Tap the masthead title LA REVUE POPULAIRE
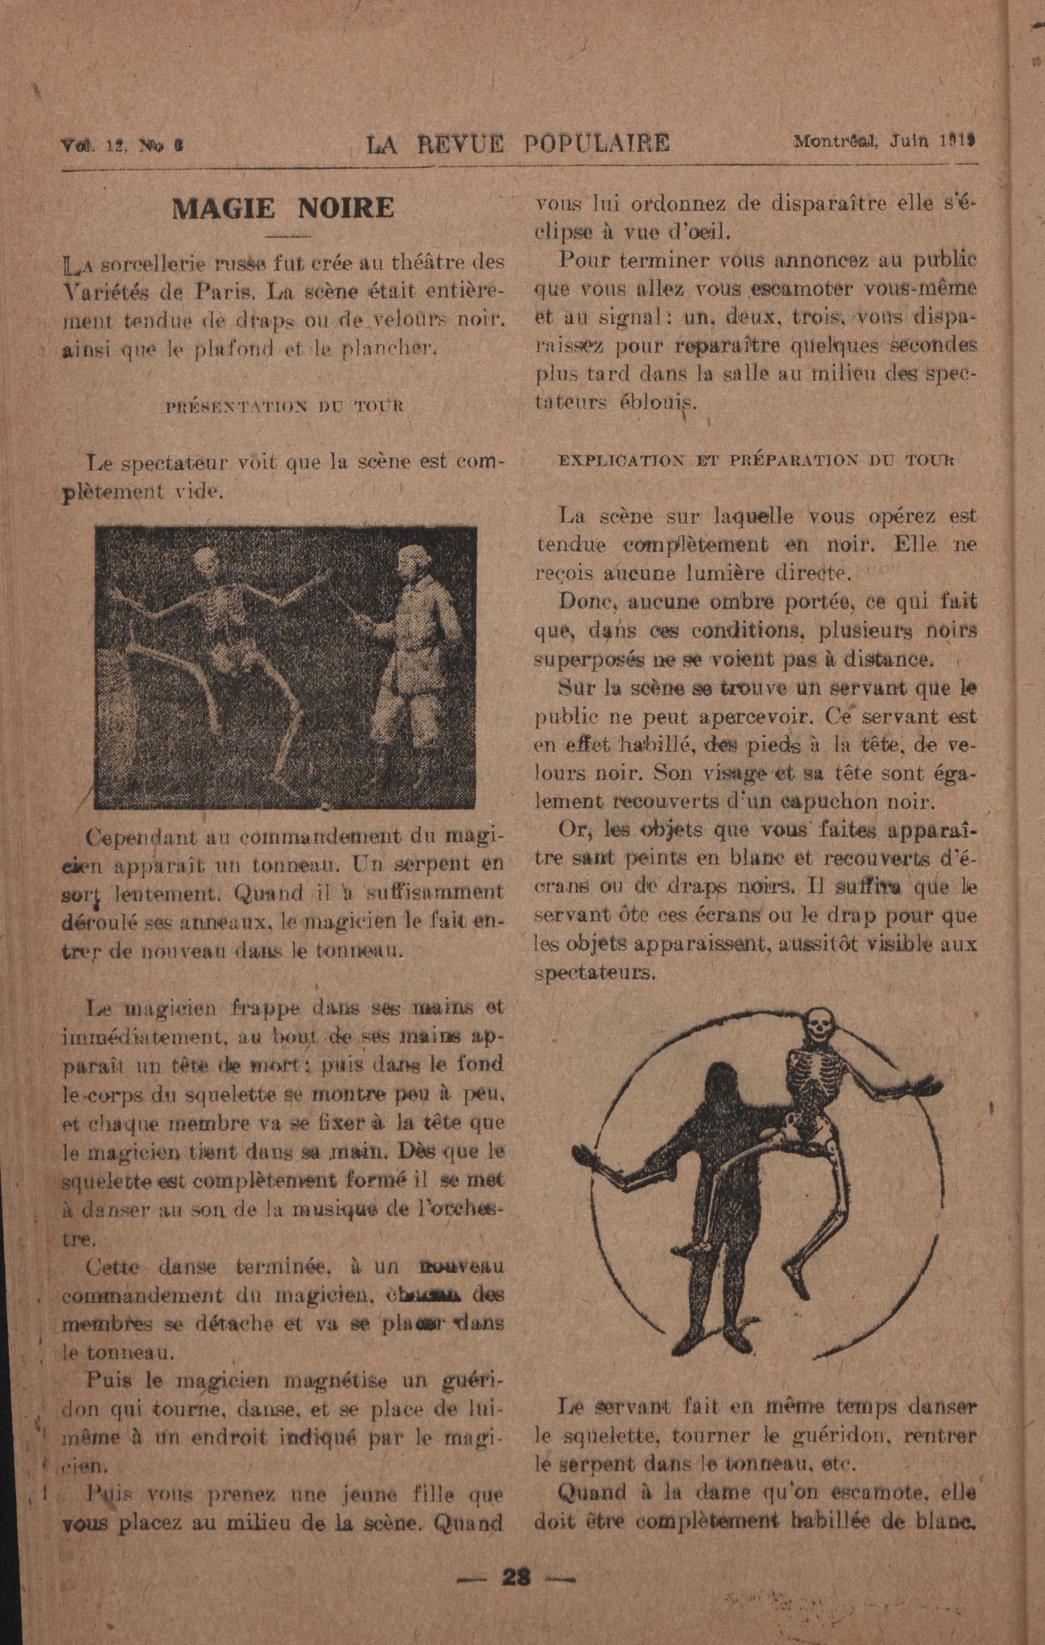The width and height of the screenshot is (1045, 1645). [518, 144]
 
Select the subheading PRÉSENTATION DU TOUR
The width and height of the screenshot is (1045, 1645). [285, 406]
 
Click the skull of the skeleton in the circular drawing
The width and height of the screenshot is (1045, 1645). [817, 1025]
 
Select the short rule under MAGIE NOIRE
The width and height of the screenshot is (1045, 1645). [286, 236]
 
